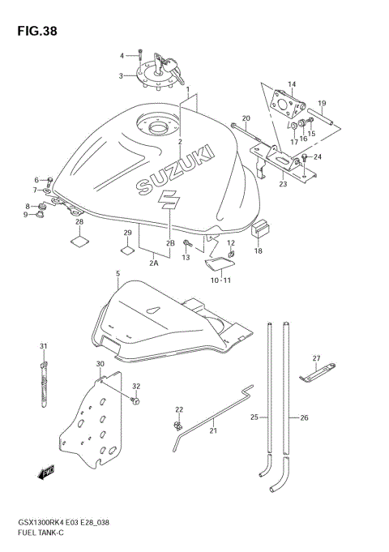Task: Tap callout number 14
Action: [x=292, y=84]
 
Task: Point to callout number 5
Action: [x=118, y=275]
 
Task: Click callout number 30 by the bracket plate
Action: [x=100, y=365]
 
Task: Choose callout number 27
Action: [x=317, y=358]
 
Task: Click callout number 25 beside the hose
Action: [x=254, y=417]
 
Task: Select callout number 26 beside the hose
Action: [x=305, y=417]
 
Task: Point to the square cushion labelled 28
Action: [x=79, y=240]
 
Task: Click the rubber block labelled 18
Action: [x=259, y=232]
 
